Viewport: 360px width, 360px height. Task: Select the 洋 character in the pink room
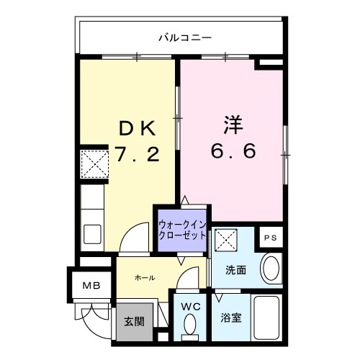coord(232,124)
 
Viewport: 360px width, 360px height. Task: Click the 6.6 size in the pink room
coord(232,152)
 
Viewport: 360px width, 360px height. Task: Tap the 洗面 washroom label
coord(235,271)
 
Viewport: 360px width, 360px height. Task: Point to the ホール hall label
coord(145,277)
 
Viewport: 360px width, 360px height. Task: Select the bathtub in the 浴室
coord(269,317)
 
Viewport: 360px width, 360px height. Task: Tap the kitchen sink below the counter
coord(93,234)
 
